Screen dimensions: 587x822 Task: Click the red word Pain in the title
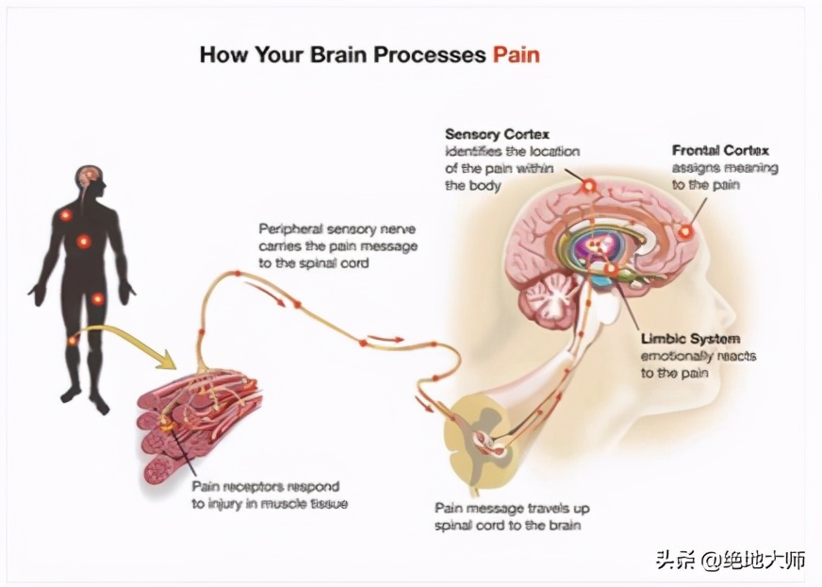coord(516,55)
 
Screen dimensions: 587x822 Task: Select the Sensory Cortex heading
coord(497,134)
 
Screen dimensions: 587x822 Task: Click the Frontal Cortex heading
coord(720,150)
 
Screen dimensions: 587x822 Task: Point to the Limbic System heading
coord(690,338)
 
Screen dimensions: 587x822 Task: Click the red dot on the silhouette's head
coord(90,175)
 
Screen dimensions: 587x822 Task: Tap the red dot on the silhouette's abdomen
coord(83,241)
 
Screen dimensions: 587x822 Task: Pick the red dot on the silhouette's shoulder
coord(65,215)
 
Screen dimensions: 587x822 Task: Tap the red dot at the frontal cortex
coord(685,231)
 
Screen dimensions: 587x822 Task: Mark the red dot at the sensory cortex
coord(589,186)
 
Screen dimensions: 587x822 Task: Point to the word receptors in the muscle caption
coord(255,487)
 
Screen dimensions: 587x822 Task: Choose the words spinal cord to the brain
coord(510,525)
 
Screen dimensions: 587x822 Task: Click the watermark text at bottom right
coord(731,560)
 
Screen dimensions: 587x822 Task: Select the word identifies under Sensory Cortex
coord(476,152)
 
